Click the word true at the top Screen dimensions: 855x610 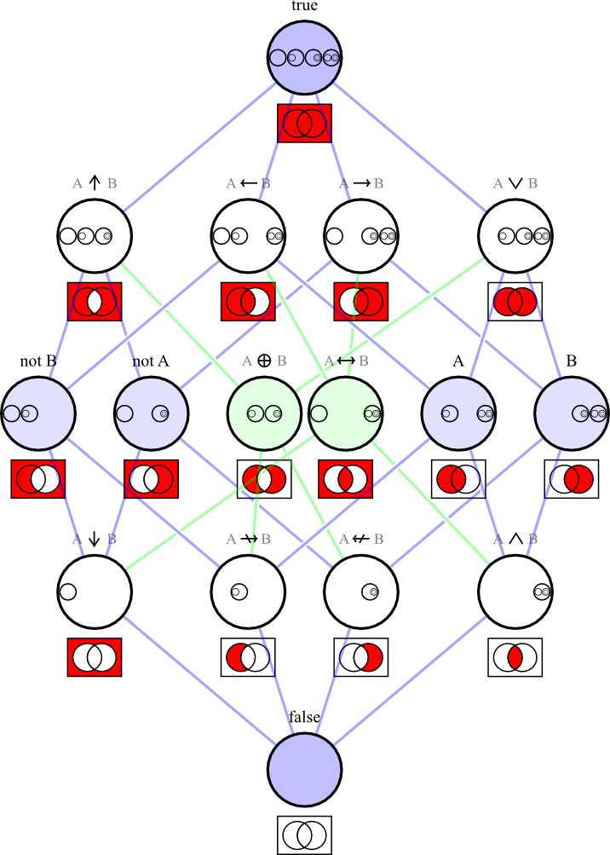304,7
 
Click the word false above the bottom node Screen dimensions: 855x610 304,717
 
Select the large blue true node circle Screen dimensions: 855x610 305,58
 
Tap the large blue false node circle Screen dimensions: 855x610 305,769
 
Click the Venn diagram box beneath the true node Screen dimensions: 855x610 304,123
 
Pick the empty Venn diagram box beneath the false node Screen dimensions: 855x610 304,835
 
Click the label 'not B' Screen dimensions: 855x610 37,361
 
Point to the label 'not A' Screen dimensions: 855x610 151,361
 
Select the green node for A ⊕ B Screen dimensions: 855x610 264,413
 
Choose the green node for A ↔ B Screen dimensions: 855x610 345,413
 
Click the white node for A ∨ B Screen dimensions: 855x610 515,236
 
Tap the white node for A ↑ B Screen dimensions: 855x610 95,236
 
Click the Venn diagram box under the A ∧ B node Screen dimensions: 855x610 515,657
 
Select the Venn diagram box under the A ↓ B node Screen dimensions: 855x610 95,657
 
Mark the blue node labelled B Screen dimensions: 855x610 572,413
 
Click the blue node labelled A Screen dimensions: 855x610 458,413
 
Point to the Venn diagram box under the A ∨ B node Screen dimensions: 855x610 515,301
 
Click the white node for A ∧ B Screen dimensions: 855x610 515,591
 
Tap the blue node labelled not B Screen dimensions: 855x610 38,413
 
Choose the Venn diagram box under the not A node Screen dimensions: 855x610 152,479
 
